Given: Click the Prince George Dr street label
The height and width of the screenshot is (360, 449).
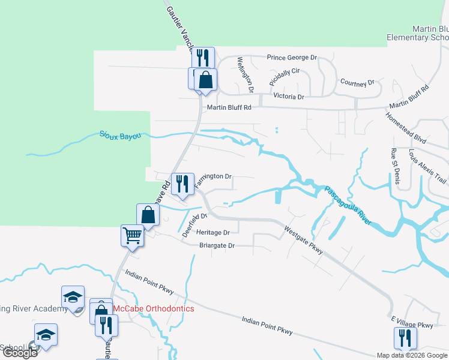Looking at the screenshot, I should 292,58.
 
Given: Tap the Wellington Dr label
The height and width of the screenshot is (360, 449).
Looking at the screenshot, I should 246,74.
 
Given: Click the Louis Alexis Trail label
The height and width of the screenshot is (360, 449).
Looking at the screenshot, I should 428,166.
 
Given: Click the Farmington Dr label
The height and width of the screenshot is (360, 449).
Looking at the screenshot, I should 212,176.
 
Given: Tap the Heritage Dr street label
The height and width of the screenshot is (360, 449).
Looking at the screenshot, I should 213,232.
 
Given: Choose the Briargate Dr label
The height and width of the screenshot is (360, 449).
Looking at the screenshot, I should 217,245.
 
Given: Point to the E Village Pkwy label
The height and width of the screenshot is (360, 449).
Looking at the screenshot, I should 412,325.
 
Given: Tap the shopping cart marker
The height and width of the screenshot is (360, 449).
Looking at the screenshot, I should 132,235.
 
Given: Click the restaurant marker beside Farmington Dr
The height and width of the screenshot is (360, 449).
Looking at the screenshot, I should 181,183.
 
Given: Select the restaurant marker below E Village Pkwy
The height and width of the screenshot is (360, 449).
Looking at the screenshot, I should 405,337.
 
